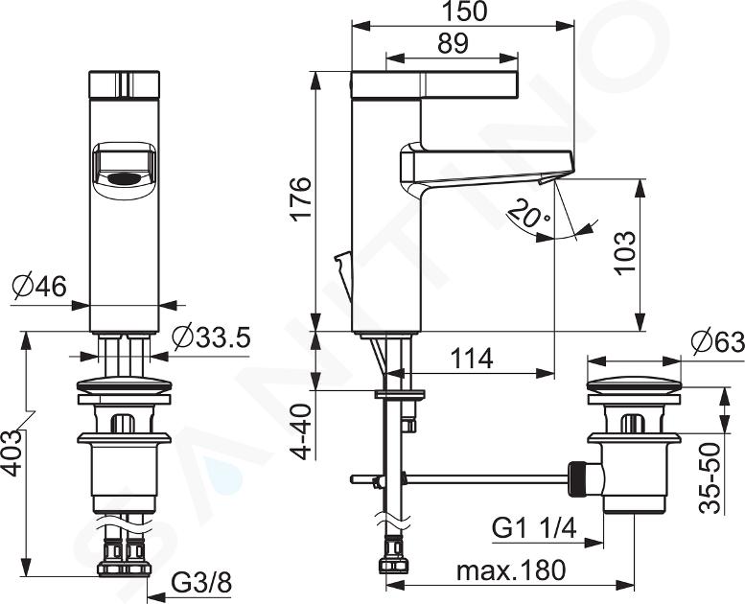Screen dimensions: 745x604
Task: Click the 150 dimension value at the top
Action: [464, 12]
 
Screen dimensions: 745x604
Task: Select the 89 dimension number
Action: [453, 44]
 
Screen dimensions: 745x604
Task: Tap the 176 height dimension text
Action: [302, 197]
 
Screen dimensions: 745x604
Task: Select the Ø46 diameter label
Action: [40, 287]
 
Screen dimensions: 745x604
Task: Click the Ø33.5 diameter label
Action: [211, 337]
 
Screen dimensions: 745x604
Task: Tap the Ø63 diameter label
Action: [717, 341]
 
